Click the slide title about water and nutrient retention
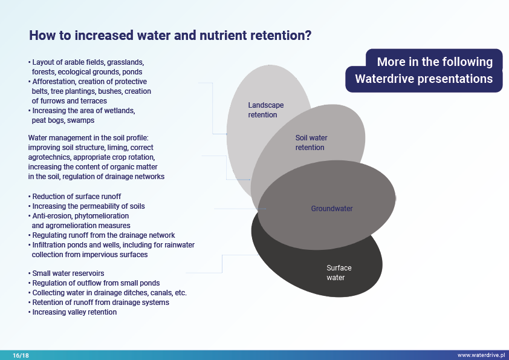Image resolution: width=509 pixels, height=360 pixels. (x=170, y=35)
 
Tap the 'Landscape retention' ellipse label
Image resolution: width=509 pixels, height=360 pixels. (x=265, y=110)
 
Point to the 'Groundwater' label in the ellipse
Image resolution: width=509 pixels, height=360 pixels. (x=332, y=209)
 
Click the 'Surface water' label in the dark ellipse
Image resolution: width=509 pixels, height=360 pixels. (x=339, y=273)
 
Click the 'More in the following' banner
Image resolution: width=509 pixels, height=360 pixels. (x=435, y=62)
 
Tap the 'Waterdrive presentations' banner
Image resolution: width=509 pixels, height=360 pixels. (x=424, y=79)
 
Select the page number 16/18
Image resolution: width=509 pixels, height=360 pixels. (x=21, y=355)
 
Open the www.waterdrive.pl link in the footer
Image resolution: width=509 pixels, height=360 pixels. (x=481, y=355)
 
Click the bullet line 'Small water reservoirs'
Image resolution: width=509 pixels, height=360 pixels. (x=68, y=273)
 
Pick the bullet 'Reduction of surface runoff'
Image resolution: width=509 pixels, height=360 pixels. (x=76, y=197)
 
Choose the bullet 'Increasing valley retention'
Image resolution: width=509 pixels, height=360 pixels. (x=74, y=312)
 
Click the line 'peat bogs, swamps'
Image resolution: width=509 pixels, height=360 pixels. (x=63, y=120)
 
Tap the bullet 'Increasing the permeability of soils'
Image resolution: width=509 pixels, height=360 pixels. (x=88, y=206)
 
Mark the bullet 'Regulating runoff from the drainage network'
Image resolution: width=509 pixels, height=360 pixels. (x=103, y=235)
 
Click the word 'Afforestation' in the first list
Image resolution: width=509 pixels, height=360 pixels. (x=53, y=82)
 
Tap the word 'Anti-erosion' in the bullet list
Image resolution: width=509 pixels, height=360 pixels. (x=52, y=216)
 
